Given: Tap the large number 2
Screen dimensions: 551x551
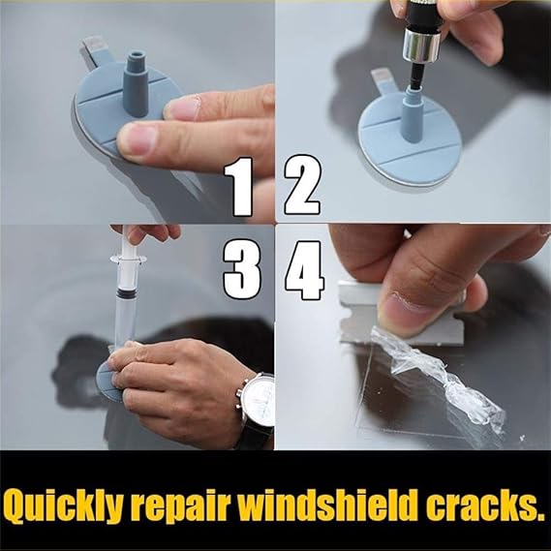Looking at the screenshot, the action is point(302,185).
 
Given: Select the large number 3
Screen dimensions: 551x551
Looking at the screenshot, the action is point(242,269).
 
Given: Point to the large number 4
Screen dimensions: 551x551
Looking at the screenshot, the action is point(304,270).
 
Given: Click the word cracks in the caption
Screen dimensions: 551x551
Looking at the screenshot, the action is point(478,502).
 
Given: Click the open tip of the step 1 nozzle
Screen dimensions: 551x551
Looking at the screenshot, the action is point(136,56).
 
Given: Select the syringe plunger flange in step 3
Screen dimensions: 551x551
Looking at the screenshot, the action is point(128,260).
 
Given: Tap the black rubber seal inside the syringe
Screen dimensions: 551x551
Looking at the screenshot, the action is point(126,292).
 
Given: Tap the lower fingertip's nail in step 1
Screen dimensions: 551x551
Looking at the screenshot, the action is point(137,139).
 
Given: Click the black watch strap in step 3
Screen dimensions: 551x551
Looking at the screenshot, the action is point(258,437).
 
